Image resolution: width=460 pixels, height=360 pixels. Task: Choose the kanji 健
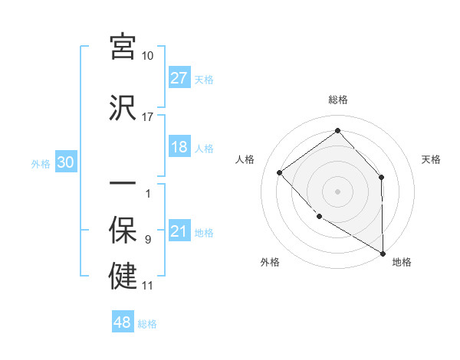point(123,276)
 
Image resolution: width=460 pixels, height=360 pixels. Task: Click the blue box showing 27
point(179,78)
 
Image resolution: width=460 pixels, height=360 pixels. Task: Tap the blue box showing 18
point(179,147)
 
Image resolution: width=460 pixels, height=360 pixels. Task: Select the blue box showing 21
point(179,231)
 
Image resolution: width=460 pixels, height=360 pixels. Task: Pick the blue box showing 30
point(65,162)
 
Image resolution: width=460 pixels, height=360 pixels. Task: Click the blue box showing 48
point(123,322)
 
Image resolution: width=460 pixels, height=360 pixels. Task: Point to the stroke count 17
point(148,117)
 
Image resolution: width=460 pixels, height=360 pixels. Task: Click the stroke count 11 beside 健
point(148,286)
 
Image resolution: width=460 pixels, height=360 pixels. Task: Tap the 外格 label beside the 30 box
point(41,163)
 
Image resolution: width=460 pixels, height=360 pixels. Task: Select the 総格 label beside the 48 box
point(147,324)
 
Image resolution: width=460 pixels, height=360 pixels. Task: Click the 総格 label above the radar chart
point(337,100)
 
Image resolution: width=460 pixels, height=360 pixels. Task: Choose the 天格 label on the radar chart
point(432,159)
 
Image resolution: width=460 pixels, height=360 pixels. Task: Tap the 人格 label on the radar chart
point(245,159)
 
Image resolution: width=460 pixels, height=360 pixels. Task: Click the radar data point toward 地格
point(383,253)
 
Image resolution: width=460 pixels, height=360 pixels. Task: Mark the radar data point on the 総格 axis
point(337,131)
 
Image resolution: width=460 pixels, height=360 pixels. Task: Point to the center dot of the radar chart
point(337,191)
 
